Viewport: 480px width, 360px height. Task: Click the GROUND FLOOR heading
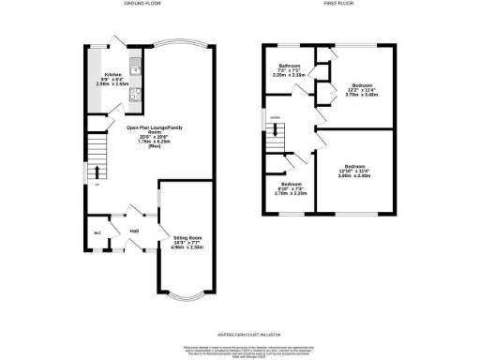pos(142,4)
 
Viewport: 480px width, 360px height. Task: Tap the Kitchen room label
pos(112,73)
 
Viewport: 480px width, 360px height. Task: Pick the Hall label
pos(134,230)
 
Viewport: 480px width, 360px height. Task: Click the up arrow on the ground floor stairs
pos(96,172)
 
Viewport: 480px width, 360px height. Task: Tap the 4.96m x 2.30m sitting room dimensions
pos(187,248)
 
